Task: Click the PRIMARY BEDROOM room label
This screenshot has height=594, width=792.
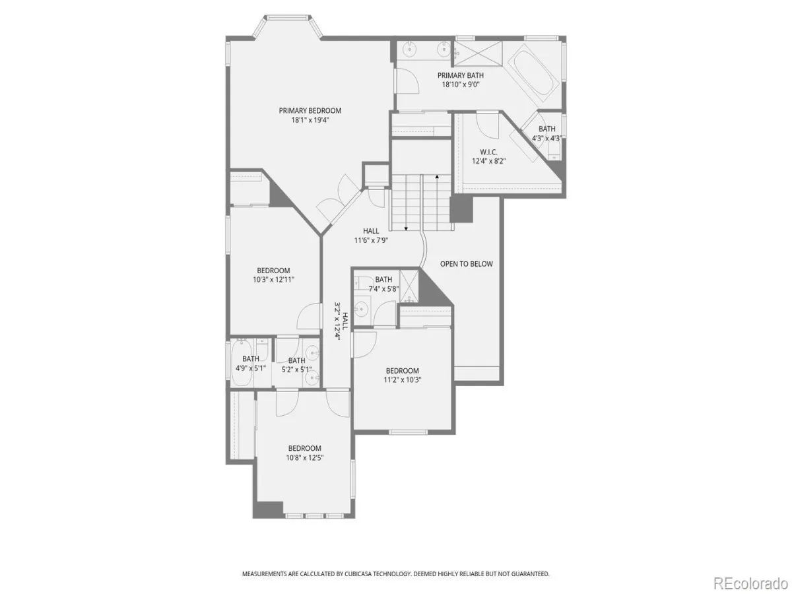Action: [310, 111]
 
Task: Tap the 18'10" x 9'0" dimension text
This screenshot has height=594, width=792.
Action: [461, 84]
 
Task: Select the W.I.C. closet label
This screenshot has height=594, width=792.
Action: [488, 152]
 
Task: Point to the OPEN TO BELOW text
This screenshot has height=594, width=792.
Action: [466, 264]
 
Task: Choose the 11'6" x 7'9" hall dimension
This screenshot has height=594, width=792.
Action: [371, 240]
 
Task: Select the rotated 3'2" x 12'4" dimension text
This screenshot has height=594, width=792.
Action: [338, 321]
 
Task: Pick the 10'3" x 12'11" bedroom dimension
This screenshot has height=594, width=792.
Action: [273, 279]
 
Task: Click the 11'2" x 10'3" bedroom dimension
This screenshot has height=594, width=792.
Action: [403, 379]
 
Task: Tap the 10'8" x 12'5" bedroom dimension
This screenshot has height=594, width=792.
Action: [304, 457]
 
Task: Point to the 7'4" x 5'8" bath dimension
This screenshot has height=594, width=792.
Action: [383, 288]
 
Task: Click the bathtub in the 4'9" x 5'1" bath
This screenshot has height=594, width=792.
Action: [242, 363]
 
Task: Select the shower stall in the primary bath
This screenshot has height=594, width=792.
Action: [478, 53]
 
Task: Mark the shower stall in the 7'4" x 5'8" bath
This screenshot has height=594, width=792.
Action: [409, 286]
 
